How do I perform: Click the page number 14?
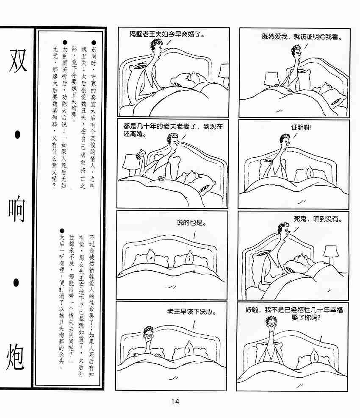click(x=175, y=401)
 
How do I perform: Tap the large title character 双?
click(x=17, y=61)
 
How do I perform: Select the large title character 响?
click(x=17, y=209)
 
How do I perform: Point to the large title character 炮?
click(x=15, y=357)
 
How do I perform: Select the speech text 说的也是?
click(x=191, y=223)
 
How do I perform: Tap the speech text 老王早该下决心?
click(x=191, y=311)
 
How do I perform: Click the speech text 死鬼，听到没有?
click(x=318, y=219)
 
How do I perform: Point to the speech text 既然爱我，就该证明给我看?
click(x=302, y=36)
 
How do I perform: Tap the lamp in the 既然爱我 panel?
click(x=271, y=79)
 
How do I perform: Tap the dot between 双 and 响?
click(x=17, y=135)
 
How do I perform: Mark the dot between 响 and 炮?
click(x=16, y=283)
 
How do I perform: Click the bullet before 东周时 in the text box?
click(x=94, y=42)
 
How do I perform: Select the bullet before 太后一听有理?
click(x=62, y=231)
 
